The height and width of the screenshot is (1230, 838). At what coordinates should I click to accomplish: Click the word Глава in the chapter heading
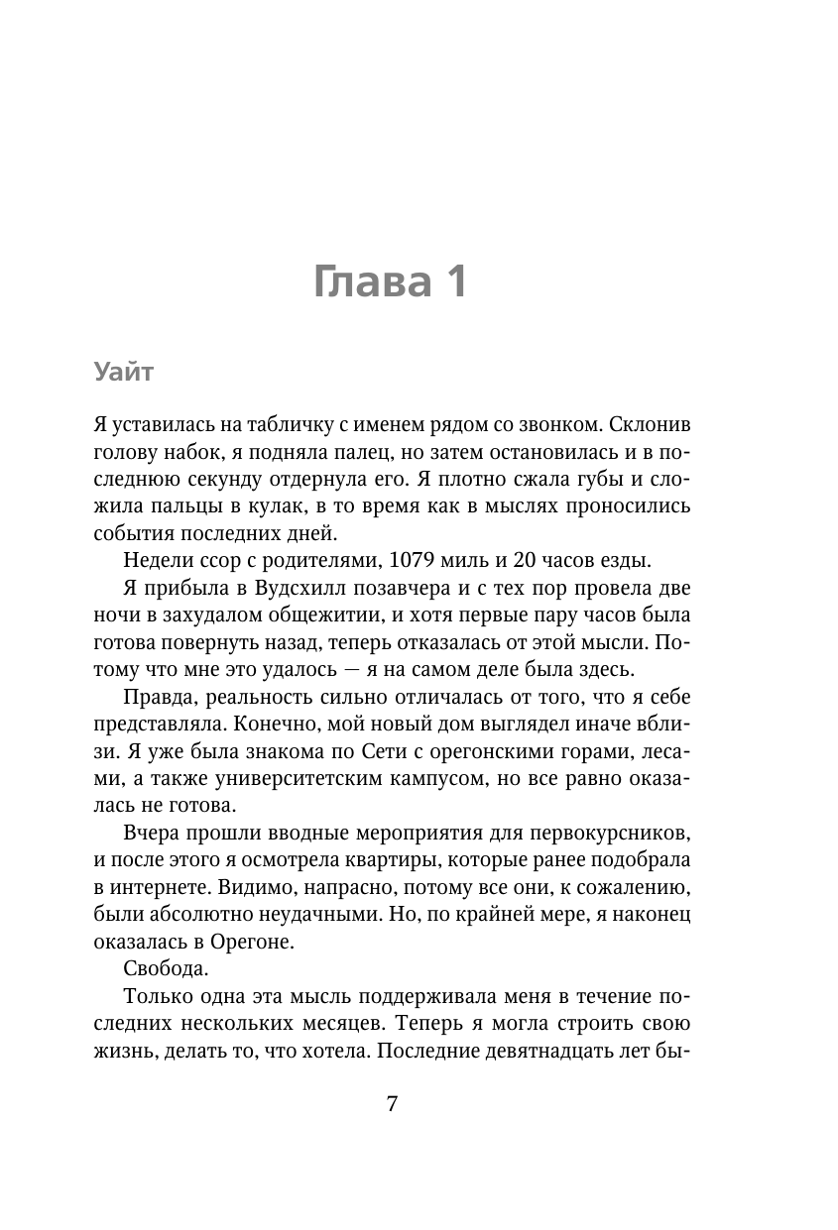click(x=366, y=281)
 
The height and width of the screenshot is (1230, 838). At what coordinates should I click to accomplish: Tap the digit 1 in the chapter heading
click(x=453, y=281)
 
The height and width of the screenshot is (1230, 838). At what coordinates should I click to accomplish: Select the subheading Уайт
click(x=125, y=373)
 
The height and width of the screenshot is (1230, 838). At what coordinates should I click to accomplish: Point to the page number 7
click(x=392, y=1104)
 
